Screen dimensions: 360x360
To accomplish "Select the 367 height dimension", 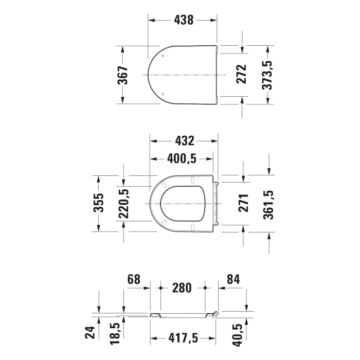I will pyautogui.click(x=123, y=75).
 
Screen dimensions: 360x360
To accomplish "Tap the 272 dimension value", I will pyautogui.click(x=242, y=75).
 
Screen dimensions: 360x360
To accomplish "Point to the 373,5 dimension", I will pyautogui.click(x=267, y=75).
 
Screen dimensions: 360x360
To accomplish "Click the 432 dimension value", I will pyautogui.click(x=184, y=140).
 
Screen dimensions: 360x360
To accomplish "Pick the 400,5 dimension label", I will pyautogui.click(x=182, y=159).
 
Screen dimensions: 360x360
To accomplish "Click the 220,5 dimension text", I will pyautogui.click(x=124, y=203).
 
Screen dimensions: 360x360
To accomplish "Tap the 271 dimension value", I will pyautogui.click(x=243, y=203).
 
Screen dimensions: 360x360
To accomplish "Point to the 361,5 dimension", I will pyautogui.click(x=268, y=204).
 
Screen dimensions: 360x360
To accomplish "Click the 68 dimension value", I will pyautogui.click(x=134, y=280).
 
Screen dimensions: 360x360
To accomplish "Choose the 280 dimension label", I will pyautogui.click(x=183, y=287).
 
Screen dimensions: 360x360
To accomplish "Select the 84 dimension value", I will pyautogui.click(x=233, y=280).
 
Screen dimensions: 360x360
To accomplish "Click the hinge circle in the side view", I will pyautogui.click(x=217, y=313).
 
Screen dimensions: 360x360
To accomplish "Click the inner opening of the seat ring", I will pyautogui.click(x=183, y=204).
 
